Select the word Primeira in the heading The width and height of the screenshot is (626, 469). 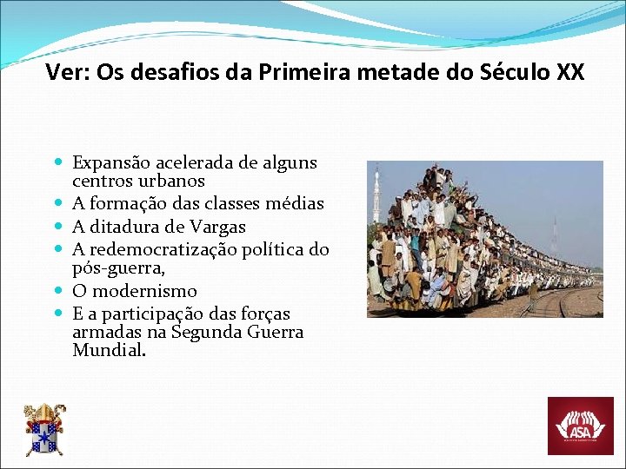click(297, 72)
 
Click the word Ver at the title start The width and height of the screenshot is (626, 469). click(65, 72)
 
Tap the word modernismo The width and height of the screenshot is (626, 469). click(144, 292)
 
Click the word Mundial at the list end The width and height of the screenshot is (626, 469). click(109, 351)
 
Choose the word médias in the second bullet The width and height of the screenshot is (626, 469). click(295, 205)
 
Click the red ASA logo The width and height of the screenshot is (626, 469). click(580, 426)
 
